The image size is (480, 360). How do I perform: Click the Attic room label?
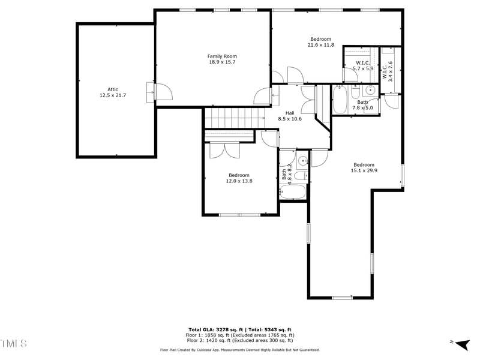113,89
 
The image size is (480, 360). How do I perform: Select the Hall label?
290,113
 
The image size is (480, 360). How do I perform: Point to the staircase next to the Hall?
235,118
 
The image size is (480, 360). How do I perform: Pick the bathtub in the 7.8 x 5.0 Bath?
340,100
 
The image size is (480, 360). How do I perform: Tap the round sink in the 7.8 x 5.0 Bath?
370,91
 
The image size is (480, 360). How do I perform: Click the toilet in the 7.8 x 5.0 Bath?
355,94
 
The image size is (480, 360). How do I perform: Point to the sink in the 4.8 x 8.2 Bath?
303,160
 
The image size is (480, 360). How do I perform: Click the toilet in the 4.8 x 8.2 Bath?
302,175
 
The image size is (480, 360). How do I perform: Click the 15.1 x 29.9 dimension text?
364,171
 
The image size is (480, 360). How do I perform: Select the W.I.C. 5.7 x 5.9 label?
362,65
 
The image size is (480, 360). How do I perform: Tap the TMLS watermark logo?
13,344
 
